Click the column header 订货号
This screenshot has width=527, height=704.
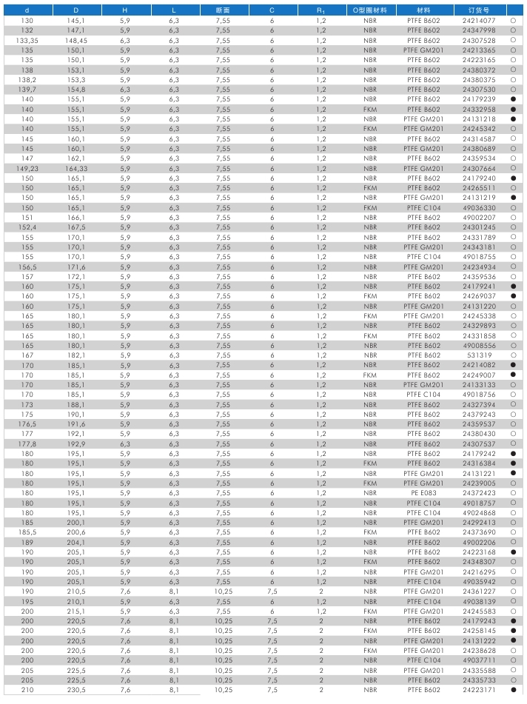pyautogui.click(x=478, y=11)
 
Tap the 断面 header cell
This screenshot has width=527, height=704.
pyautogui.click(x=223, y=11)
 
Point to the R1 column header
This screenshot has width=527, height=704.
pyautogui.click(x=321, y=11)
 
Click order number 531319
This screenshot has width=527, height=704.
pyautogui.click(x=478, y=355)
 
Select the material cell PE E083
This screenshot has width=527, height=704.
pyautogui.click(x=423, y=493)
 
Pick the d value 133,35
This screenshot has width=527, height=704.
pyautogui.click(x=27, y=41)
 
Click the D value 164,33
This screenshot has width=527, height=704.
pyautogui.click(x=76, y=169)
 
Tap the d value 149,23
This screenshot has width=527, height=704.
pyautogui.click(x=27, y=169)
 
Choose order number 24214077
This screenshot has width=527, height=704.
pyautogui.click(x=478, y=21)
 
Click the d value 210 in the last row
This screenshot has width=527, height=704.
pyautogui.click(x=27, y=690)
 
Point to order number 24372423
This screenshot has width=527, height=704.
pyautogui.click(x=478, y=493)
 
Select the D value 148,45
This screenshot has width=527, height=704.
pyautogui.click(x=76, y=41)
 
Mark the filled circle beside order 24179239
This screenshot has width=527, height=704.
pyautogui.click(x=512, y=99)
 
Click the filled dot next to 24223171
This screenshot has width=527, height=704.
pyautogui.click(x=512, y=690)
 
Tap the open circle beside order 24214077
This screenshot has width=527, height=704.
pyautogui.click(x=512, y=21)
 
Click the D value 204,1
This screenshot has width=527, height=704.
pyautogui.click(x=76, y=543)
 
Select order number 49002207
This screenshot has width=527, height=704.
pyautogui.click(x=478, y=218)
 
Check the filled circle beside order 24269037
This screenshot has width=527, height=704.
pyautogui.click(x=512, y=296)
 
